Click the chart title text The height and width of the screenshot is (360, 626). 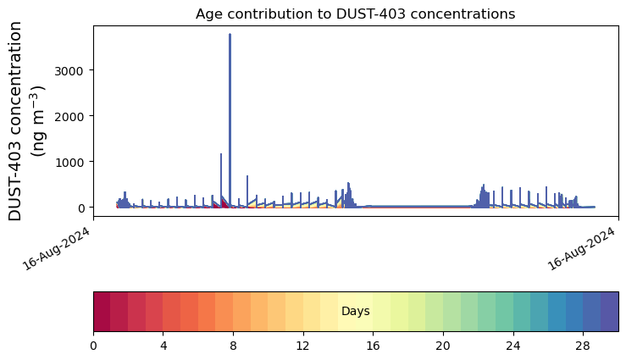[355, 14]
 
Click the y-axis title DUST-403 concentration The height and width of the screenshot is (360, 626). [14, 121]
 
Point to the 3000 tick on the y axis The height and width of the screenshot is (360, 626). [69, 71]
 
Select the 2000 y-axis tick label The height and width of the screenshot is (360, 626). [69, 117]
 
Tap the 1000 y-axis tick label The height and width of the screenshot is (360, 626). [69, 163]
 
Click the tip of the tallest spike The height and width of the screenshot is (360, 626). [230, 35]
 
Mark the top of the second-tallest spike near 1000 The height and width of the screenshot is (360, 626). [221, 154]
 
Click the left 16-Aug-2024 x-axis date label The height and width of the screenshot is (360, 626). [56, 248]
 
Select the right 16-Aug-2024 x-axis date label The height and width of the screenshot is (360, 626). [581, 248]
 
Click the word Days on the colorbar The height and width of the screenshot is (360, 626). [355, 311]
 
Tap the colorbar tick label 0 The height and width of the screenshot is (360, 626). [93, 346]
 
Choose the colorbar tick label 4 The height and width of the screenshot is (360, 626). [163, 346]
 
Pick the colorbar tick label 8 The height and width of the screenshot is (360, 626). [233, 346]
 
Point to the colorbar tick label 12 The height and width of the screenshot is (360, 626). [303, 346]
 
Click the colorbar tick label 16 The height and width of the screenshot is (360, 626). [373, 346]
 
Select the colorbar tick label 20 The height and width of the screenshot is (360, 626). [443, 346]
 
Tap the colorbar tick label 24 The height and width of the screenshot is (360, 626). [513, 346]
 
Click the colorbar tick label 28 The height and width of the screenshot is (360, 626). [583, 346]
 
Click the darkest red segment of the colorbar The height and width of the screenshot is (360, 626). [102, 312]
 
